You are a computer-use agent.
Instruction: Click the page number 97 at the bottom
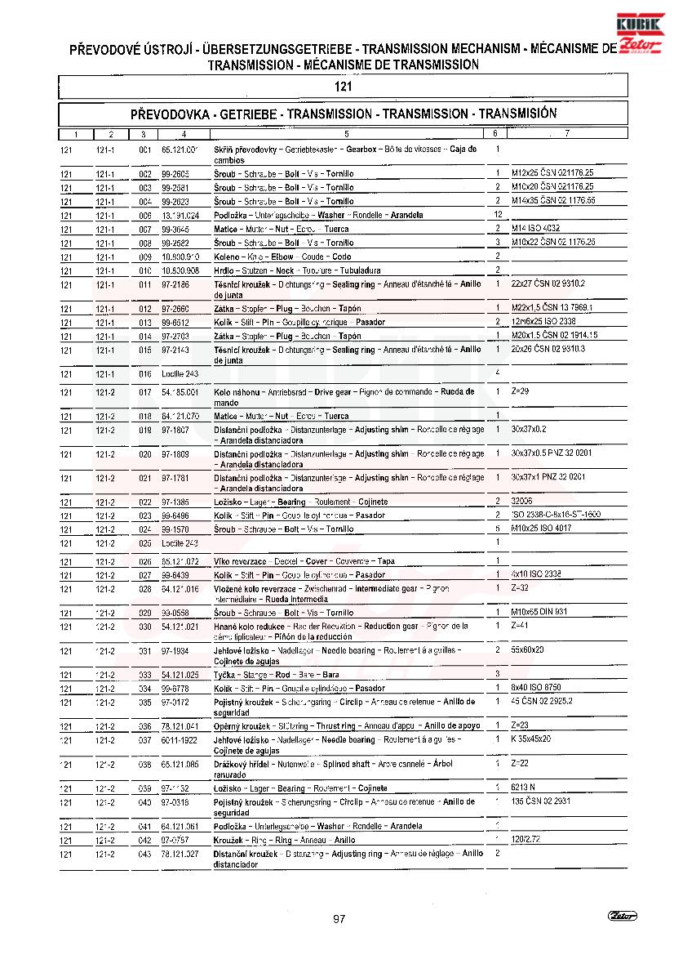(339, 919)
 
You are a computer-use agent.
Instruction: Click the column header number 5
(346, 133)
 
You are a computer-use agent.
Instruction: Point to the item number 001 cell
(145, 150)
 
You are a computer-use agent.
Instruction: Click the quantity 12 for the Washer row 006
(497, 214)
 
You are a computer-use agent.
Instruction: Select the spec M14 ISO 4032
(535, 228)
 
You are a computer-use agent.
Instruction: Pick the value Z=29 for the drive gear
(520, 391)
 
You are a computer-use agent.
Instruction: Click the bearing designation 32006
(522, 501)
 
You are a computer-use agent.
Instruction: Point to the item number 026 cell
(145, 561)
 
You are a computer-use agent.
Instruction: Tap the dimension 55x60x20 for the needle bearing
(527, 649)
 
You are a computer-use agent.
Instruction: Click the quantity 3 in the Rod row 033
(497, 674)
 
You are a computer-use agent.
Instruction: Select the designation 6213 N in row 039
(524, 788)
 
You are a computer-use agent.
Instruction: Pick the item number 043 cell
(145, 854)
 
